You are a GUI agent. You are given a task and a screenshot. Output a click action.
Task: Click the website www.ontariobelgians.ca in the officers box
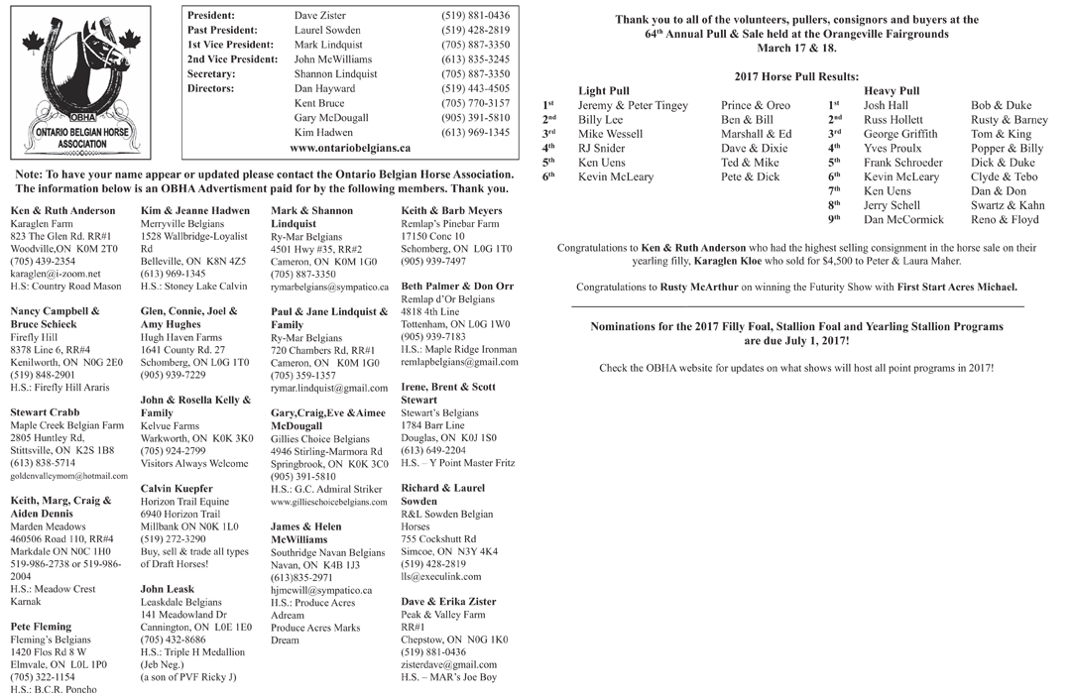pyautogui.click(x=350, y=148)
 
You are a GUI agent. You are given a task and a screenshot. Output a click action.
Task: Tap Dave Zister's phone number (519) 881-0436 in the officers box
pyautogui.click(x=475, y=16)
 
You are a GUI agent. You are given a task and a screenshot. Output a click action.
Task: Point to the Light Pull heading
pyautogui.click(x=603, y=91)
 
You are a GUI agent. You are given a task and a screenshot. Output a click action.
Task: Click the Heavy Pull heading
pyautogui.click(x=892, y=91)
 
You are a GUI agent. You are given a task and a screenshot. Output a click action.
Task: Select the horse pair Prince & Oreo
pyautogui.click(x=756, y=105)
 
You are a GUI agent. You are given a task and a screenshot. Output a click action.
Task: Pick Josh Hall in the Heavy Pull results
pyautogui.click(x=886, y=105)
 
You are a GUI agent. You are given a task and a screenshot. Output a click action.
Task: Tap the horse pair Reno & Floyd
pyautogui.click(x=1005, y=219)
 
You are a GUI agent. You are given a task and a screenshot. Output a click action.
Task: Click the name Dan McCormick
pyautogui.click(x=903, y=219)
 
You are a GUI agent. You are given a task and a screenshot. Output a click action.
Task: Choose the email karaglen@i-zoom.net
pyautogui.click(x=56, y=274)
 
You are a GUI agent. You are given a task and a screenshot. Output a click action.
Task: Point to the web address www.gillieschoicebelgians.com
pyautogui.click(x=328, y=503)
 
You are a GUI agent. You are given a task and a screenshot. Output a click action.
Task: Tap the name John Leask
pyautogui.click(x=168, y=589)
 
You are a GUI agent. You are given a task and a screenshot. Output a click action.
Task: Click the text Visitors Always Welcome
pyautogui.click(x=194, y=463)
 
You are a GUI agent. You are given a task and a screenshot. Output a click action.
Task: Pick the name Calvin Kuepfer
pyautogui.click(x=177, y=489)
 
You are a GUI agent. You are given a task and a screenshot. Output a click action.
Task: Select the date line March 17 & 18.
pyautogui.click(x=796, y=48)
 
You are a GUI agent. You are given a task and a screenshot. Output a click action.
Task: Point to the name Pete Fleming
pyautogui.click(x=41, y=627)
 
